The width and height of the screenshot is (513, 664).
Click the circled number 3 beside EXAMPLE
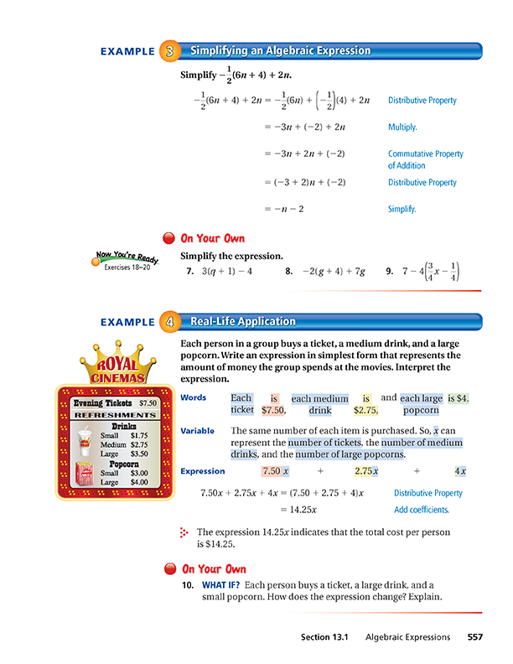[x=170, y=52]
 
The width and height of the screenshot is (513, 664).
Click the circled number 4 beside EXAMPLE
[x=170, y=322]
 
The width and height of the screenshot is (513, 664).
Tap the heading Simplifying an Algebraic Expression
[x=281, y=52]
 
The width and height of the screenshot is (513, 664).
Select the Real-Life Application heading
[x=243, y=322]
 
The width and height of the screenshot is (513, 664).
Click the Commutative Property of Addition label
[x=425, y=159]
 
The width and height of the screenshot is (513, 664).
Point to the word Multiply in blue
[x=402, y=128]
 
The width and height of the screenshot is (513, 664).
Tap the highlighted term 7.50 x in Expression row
[x=275, y=471]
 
